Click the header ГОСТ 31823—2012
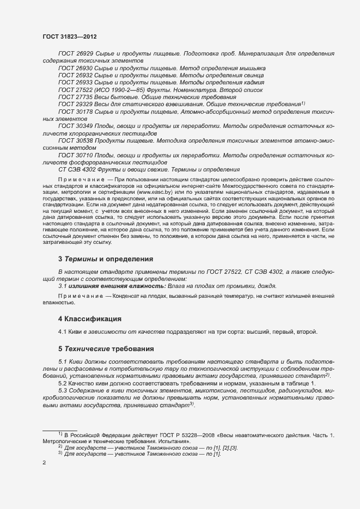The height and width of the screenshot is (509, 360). tap(70, 36)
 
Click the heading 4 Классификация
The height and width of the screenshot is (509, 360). tap(90, 318)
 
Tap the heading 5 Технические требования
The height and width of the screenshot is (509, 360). tap(106, 348)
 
